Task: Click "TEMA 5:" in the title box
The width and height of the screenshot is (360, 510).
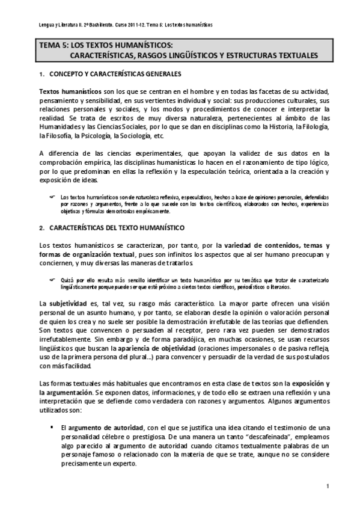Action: pyautogui.click(x=54, y=45)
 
